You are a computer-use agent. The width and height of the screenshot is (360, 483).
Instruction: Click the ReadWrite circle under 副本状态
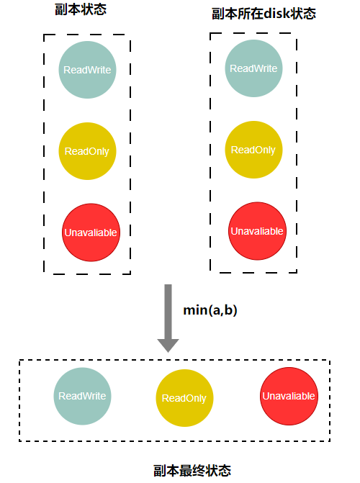88,70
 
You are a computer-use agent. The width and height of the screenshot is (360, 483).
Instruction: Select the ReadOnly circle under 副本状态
88,151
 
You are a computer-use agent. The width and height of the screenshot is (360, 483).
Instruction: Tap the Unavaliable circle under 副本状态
91,233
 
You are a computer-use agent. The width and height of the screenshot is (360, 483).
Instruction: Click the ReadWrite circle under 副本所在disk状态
253,68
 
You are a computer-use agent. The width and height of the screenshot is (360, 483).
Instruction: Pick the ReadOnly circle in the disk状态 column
253,150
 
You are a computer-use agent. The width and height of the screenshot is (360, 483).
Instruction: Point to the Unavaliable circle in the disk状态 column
257,231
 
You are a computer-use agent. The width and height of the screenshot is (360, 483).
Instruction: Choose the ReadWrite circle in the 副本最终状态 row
82,396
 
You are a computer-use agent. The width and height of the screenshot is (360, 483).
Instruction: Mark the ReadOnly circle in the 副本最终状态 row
184,398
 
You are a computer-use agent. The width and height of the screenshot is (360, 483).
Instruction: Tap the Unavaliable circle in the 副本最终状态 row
289,396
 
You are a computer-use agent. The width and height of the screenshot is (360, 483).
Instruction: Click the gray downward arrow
168,318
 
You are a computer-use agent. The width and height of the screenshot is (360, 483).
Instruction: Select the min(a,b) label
210,310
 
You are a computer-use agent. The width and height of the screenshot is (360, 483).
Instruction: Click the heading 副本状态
81,9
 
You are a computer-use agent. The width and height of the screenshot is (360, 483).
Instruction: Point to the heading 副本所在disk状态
264,14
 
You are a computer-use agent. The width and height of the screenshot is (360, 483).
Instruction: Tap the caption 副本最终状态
192,471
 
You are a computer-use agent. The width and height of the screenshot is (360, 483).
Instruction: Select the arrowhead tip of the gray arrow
168,353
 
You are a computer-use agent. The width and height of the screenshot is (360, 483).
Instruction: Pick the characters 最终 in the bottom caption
192,471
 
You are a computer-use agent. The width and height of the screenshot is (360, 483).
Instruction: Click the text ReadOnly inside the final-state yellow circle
184,398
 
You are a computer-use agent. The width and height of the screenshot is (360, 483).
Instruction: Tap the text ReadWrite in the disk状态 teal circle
253,68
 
